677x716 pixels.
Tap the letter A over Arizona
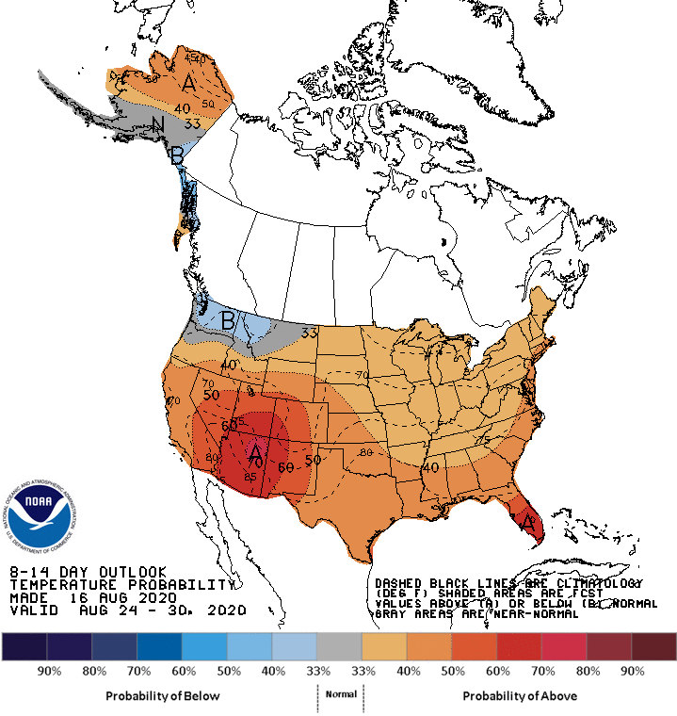tap(254, 454)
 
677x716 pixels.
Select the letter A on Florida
tap(528, 520)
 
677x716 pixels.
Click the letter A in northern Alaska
tap(189, 84)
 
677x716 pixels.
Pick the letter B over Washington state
tap(227, 320)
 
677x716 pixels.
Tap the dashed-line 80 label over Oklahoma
tap(366, 452)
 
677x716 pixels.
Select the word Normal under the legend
tap(341, 693)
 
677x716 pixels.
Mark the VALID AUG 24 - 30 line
tap(127, 610)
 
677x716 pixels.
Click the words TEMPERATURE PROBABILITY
tap(120, 584)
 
